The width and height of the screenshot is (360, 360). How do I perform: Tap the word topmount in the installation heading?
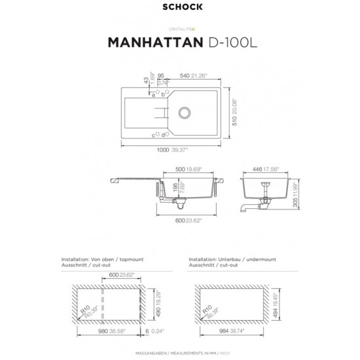pos(130,259)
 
